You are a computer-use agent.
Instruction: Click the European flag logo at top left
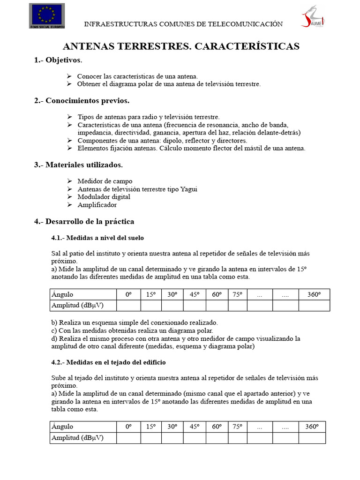[x=47, y=15]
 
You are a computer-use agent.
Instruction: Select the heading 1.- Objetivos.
[x=58, y=60]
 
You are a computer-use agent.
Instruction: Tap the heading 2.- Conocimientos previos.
[x=82, y=101]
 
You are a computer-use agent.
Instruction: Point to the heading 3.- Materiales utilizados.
[x=79, y=165]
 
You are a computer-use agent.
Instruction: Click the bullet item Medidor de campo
[x=105, y=181]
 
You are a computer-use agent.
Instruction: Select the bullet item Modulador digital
[x=104, y=197]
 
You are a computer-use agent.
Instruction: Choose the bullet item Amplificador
[x=97, y=205]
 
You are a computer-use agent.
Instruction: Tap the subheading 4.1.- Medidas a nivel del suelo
[x=97, y=237]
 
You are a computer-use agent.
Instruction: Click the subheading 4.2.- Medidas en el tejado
[x=108, y=362]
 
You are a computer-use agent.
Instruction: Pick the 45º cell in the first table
[x=194, y=294]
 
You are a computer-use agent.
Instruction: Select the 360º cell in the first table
[x=314, y=294]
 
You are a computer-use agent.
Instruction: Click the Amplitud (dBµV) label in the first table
[x=78, y=305]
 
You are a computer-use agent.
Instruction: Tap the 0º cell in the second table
[x=128, y=427]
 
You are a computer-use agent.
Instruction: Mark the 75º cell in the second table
[x=237, y=427]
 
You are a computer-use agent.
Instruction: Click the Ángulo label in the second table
[x=63, y=427]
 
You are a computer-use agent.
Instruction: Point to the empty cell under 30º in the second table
[x=172, y=438]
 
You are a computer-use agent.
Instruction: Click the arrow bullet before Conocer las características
[x=69, y=76]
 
